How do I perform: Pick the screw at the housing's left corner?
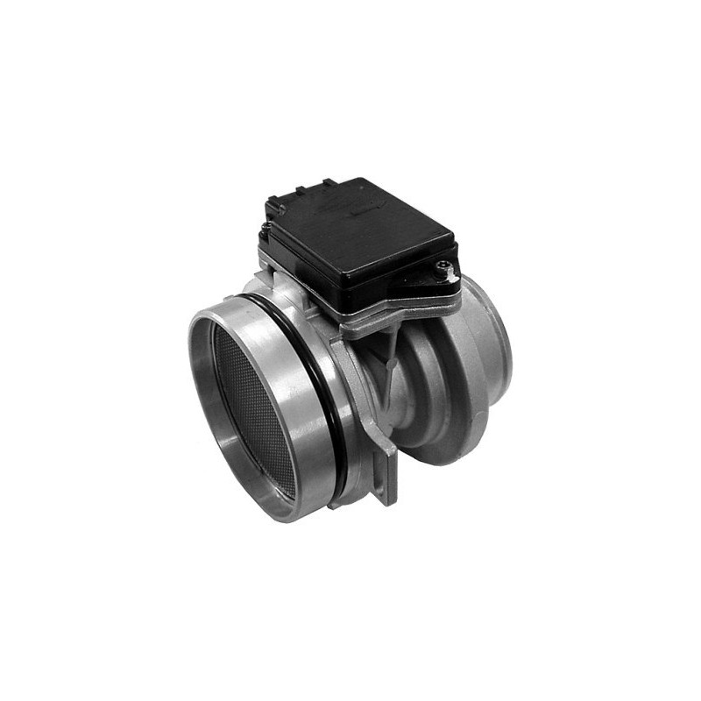click(x=265, y=230)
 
